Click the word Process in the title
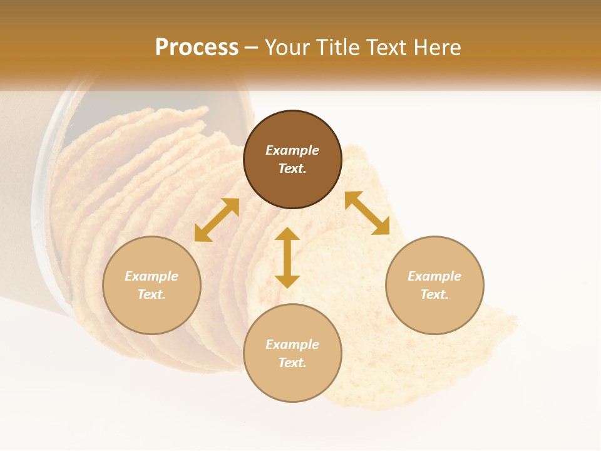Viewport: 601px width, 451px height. pos(197,48)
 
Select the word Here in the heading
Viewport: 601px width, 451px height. pos(436,48)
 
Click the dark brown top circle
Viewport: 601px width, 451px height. pos(292,128)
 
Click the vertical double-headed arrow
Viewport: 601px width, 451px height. pos(287,257)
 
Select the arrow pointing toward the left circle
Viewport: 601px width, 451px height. pos(217,220)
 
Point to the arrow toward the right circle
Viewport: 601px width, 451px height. pos(367,213)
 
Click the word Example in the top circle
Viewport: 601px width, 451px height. pos(292,150)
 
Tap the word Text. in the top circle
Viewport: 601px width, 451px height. pos(292,168)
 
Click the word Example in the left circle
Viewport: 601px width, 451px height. pos(152,276)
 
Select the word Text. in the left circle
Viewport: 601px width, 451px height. pos(152,294)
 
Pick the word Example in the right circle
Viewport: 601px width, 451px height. pos(434,276)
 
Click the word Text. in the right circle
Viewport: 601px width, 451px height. pos(434,294)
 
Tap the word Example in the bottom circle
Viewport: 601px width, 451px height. pos(292,345)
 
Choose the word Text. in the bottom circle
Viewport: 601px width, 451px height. pos(292,363)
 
